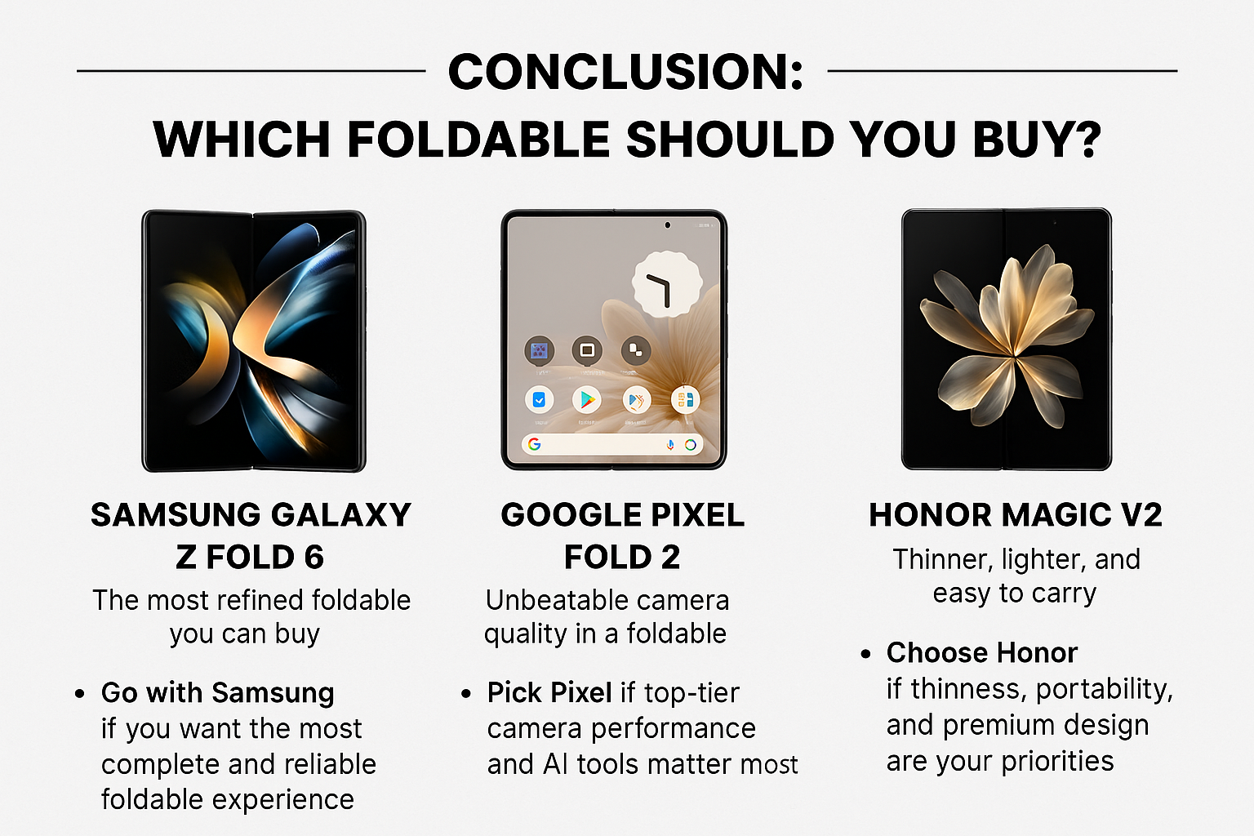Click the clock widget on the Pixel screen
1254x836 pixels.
pos(667,284)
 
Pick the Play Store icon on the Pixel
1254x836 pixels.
pos(585,400)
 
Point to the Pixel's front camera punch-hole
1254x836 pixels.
pos(668,225)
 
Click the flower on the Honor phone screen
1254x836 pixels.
pos(1007,335)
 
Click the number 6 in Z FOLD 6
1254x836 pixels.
pos(314,558)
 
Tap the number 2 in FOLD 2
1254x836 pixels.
pos(670,558)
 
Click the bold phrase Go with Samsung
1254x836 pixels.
pos(217,693)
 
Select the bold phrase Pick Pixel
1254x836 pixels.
pos(549,693)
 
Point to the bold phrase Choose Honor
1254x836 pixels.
pos(981,653)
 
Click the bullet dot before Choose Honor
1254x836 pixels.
pos(865,654)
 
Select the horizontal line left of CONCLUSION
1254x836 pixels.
pos(251,71)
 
